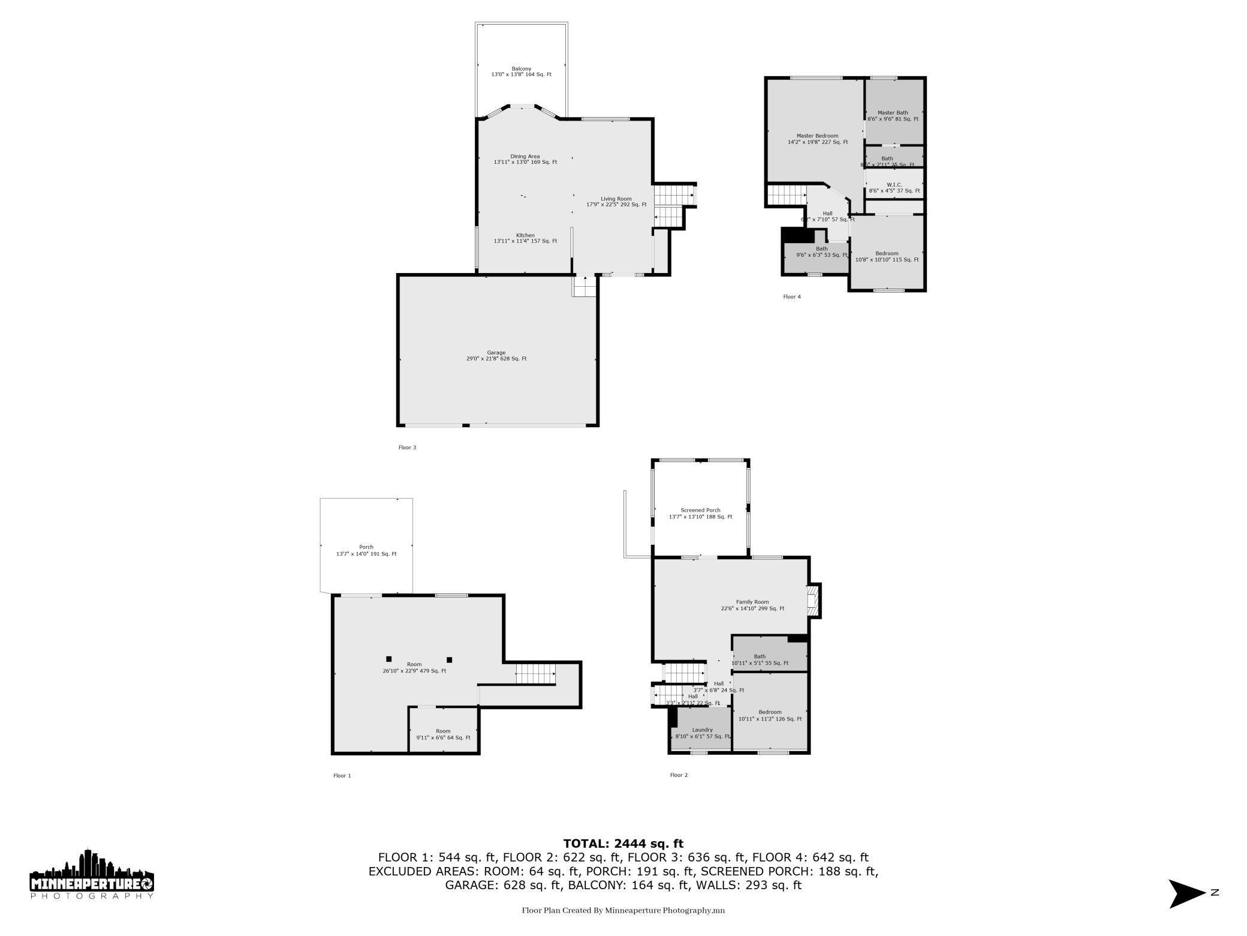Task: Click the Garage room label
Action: (496, 356)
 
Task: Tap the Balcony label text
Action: (521, 71)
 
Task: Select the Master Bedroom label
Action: (817, 139)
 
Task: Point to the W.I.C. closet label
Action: (894, 188)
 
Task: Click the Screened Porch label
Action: (700, 514)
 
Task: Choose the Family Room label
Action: (752, 605)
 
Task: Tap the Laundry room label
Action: (702, 733)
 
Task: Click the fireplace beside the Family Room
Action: (814, 601)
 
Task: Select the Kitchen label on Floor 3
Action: (525, 238)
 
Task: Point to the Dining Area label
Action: (525, 159)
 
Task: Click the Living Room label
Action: (616, 202)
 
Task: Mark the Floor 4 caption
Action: (791, 296)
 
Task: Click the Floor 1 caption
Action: (342, 776)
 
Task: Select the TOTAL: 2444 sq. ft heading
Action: (623, 844)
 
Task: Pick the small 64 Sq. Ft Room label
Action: (443, 734)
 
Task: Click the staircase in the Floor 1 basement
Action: (535, 674)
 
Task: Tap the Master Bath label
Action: (893, 116)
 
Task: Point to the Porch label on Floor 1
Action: (366, 550)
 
